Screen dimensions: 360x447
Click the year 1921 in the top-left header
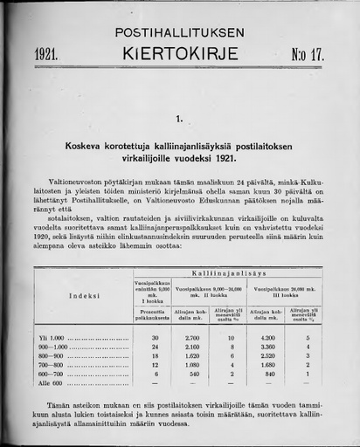tap(45, 54)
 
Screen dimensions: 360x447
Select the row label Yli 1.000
tap(53, 338)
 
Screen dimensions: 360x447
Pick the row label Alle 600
tap(52, 382)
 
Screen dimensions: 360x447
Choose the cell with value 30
tap(155, 338)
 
